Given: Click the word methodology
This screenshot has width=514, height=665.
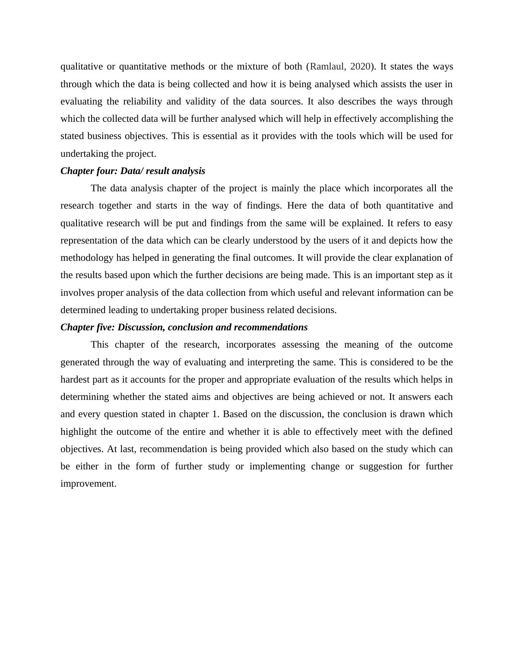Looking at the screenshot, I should coord(87,258).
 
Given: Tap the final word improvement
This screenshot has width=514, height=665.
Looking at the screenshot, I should coord(88,484).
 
